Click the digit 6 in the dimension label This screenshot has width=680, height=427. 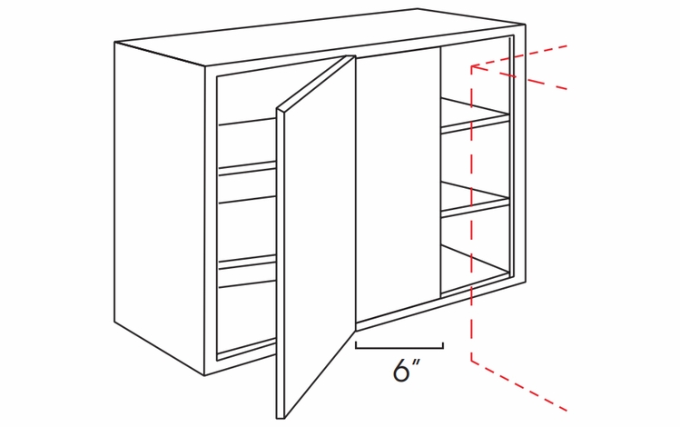pos(400,372)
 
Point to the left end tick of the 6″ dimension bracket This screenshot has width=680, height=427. pos(356,344)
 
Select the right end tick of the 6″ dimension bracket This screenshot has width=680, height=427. pos(442,344)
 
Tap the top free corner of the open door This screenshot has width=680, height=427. pos(351,56)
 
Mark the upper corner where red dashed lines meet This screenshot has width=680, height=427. pos(470,66)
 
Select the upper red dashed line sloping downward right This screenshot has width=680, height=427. pos(522,78)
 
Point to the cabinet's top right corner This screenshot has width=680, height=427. pos(524,25)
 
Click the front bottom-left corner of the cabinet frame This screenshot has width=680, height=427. pos(205,374)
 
